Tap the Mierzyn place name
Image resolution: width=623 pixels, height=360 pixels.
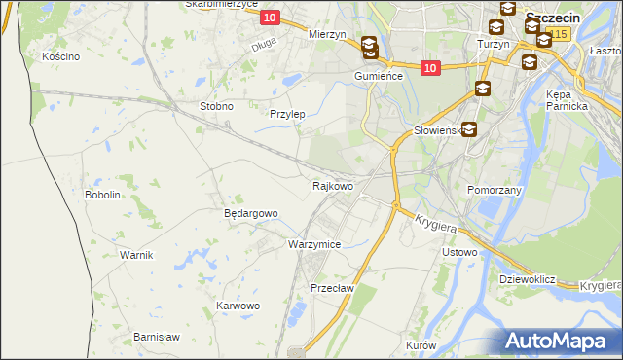(327, 34)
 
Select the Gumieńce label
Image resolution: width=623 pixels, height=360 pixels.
(379, 75)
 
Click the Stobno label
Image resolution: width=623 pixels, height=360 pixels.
(215, 106)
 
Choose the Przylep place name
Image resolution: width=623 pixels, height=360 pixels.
(287, 114)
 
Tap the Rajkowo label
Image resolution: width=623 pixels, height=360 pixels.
(332, 185)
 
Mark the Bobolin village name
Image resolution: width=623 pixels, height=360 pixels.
(102, 195)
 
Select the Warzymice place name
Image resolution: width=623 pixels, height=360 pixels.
(314, 244)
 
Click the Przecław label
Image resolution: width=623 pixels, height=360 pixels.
(331, 289)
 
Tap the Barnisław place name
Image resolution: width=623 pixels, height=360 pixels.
(157, 337)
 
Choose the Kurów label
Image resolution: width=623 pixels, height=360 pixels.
(421, 346)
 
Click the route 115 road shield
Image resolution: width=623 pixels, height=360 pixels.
(557, 34)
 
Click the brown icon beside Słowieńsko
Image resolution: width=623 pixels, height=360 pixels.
(469, 128)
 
